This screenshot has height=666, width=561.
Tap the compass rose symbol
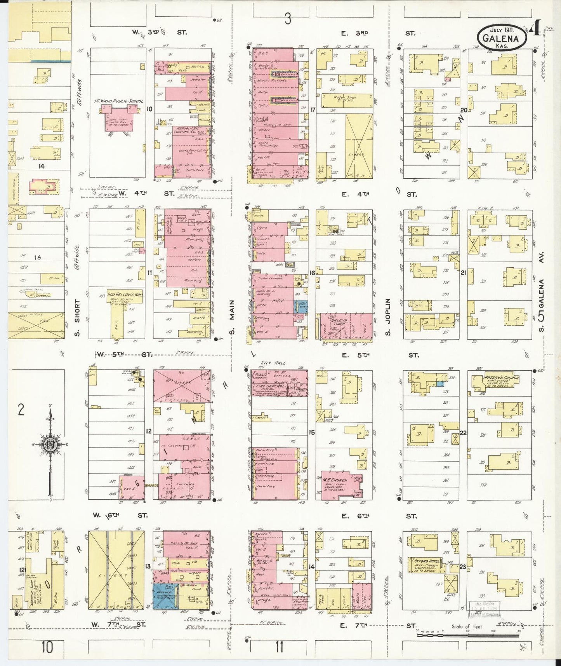pyautogui.click(x=50, y=445)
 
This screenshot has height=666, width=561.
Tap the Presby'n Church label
pyautogui.click(x=501, y=377)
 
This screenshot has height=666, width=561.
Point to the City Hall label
pyautogui.click(x=273, y=363)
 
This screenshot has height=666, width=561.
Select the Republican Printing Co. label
pyautogui.click(x=188, y=130)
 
